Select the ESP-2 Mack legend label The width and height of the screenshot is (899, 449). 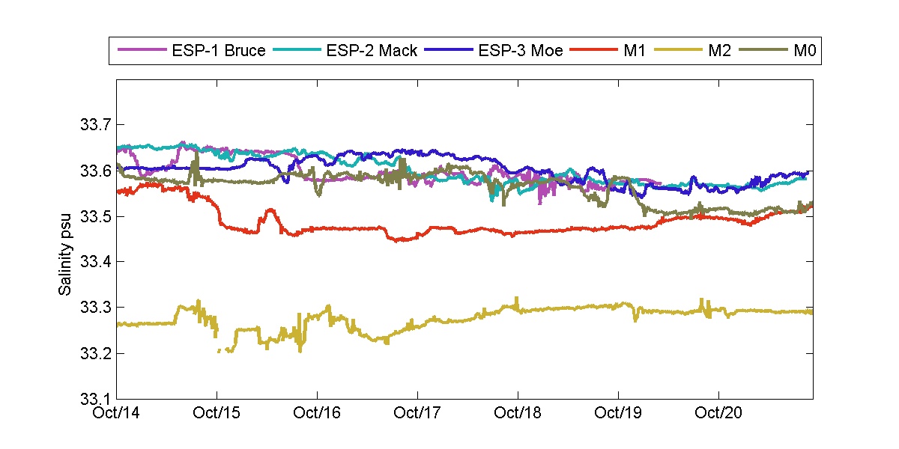[372, 51]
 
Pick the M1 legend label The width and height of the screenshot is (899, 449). [626, 51]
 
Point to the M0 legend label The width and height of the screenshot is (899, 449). [804, 51]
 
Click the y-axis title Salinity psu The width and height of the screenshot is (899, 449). [66, 239]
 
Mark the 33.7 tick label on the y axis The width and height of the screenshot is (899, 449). [94, 124]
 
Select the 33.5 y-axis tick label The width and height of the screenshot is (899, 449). [94, 216]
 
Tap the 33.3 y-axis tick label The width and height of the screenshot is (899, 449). [94, 308]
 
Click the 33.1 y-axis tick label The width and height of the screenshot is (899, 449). [94, 399]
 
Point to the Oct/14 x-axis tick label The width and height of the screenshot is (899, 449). [118, 412]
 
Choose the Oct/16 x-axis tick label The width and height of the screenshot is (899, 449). [317, 412]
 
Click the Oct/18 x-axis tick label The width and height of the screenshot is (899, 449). [518, 412]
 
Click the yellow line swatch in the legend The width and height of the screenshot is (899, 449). [677, 51]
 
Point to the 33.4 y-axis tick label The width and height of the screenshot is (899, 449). [94, 262]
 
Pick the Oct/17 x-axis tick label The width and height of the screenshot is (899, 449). [417, 412]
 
